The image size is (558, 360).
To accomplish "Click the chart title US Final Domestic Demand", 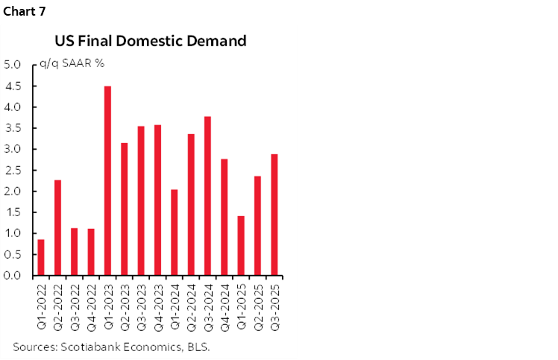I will click(x=150, y=41).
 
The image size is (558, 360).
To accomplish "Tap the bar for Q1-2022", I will click(x=41, y=257).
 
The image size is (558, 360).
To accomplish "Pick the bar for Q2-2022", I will click(x=57, y=227).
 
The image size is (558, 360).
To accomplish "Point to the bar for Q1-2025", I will click(x=241, y=245).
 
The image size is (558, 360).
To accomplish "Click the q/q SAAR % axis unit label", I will click(x=72, y=65).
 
